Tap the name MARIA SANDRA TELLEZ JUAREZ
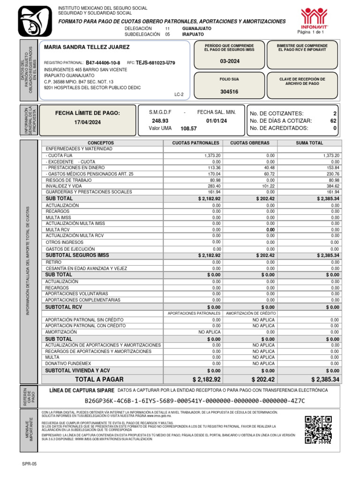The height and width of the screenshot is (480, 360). [x=87, y=47]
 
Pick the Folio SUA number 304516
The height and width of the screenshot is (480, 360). [x=229, y=92]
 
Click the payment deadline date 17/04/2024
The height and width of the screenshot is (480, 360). [x=88, y=122]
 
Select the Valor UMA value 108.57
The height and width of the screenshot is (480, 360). [x=189, y=128]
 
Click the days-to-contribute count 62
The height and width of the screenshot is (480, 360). [x=333, y=120]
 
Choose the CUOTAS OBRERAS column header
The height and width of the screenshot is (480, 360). [x=250, y=142]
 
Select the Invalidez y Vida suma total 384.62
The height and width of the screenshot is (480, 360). [x=331, y=186]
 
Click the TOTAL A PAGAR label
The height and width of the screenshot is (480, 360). [x=99, y=379]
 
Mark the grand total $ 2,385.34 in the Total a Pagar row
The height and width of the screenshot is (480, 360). [x=325, y=379]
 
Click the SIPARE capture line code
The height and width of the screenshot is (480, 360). [x=195, y=401]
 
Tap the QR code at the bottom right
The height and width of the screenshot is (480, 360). [x=318, y=429]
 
